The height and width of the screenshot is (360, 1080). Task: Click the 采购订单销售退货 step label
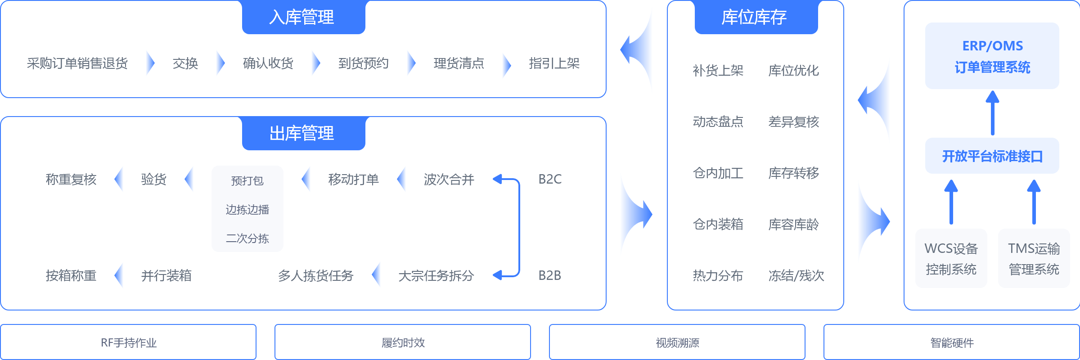coord(77,63)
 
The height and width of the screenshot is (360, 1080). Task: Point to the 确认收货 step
coord(268,63)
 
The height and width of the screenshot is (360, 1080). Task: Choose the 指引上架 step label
coord(554,63)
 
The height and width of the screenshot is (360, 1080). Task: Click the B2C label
coord(550,179)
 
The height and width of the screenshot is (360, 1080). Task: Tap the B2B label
coord(550,275)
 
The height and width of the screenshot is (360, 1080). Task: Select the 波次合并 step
coord(449,180)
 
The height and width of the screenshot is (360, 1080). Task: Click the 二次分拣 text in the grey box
coord(247,238)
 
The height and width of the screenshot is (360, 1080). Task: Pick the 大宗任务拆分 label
coord(436,276)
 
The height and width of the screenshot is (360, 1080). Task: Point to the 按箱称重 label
coord(71,276)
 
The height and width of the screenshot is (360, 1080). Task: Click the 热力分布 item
coord(718,276)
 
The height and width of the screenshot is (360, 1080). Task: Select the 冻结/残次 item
coord(796,276)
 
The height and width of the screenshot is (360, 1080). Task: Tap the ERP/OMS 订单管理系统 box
coord(992,56)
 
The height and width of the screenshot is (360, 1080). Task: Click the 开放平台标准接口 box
coord(992,156)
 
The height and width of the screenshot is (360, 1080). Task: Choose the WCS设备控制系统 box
coord(951,259)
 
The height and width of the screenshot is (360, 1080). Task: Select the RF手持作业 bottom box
coord(128,342)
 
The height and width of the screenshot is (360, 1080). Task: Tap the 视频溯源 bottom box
coord(677,342)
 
